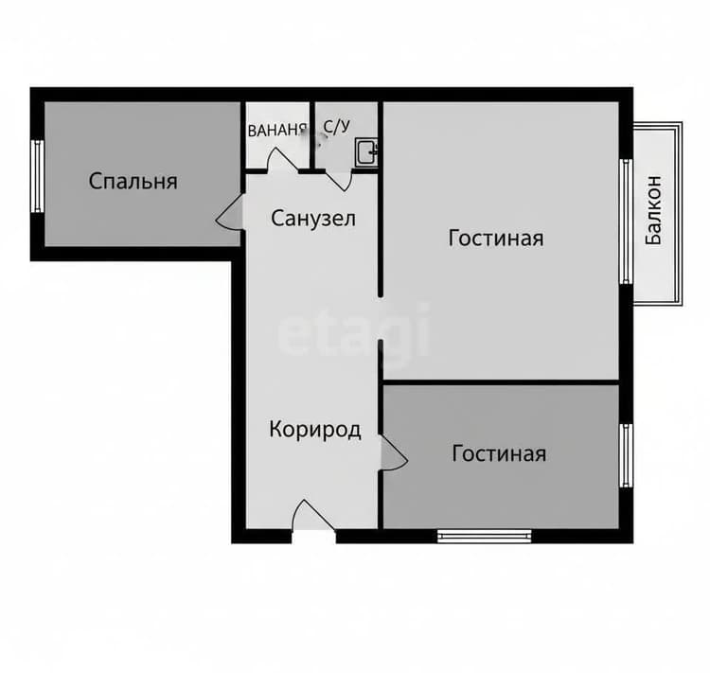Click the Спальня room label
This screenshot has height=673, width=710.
click(133, 182)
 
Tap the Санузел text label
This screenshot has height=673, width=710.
click(313, 219)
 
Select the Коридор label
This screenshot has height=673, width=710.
click(315, 430)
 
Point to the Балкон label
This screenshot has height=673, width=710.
click(654, 210)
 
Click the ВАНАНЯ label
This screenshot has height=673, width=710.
click(277, 131)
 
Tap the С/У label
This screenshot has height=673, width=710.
click(337, 127)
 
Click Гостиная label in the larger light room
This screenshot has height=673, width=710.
click(496, 239)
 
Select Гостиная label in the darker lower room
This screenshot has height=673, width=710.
click(499, 453)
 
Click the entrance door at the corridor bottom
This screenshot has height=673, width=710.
click(313, 516)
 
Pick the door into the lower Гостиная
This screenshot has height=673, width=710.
click(393, 453)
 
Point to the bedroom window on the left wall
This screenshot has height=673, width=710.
click(38, 176)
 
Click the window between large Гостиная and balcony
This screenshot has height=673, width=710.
click(626, 221)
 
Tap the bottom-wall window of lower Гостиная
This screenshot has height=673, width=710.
click(484, 537)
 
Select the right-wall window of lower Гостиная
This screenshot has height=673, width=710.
click(626, 455)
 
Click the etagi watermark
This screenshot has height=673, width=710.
click(353, 330)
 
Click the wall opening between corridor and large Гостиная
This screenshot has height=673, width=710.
click(381, 318)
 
